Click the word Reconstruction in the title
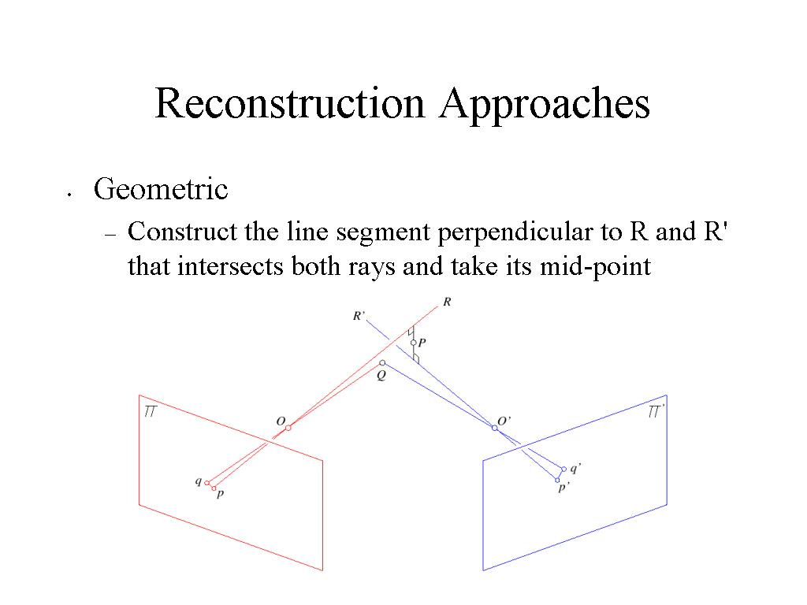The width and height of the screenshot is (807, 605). click(290, 103)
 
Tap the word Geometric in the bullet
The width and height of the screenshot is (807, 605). click(161, 189)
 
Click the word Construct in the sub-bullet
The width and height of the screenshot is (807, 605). click(183, 232)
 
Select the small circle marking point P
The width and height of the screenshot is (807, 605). click(413, 343)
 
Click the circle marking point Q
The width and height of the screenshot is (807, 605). click(382, 363)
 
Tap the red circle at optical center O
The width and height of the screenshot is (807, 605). click(288, 428)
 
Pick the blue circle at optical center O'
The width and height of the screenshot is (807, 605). click(495, 428)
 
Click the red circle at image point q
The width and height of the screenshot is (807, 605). click(207, 483)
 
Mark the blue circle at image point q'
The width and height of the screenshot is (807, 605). click(564, 470)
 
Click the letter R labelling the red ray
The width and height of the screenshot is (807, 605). click(447, 302)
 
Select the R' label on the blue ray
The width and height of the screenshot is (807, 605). click(359, 316)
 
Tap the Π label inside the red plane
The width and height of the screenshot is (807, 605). click(150, 411)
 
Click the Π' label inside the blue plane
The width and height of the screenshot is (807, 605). click(656, 411)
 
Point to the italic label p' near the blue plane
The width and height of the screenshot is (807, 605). click(563, 488)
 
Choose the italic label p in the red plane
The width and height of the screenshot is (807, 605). click(220, 495)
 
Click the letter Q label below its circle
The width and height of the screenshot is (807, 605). click(381, 376)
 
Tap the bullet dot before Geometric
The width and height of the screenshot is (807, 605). click(69, 195)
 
